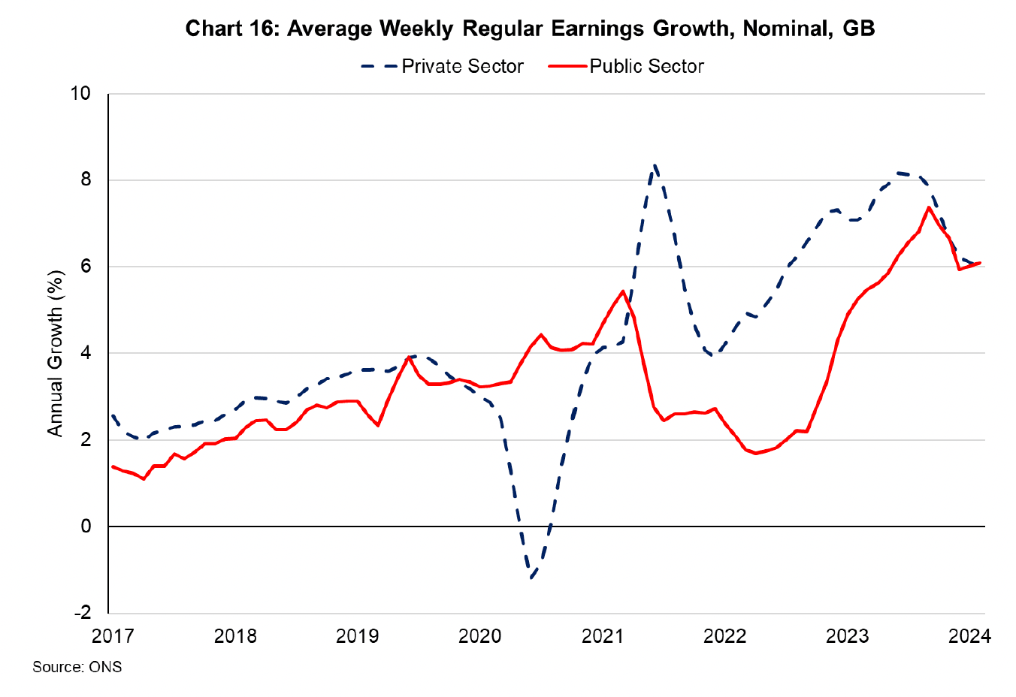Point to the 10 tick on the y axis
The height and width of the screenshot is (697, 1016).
coord(80,93)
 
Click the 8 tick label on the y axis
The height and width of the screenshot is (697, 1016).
coord(85,180)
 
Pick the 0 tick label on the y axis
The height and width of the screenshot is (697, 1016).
coord(85,526)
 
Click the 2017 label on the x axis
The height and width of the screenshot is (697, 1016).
coord(113,636)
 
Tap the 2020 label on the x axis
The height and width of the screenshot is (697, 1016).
coord(479,636)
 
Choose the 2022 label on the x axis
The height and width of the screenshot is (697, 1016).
coord(724,636)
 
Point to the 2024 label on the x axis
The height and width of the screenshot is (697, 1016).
coord(969,636)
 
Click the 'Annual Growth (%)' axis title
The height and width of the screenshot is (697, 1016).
coord(55,353)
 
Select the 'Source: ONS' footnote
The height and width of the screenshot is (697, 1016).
coord(77,667)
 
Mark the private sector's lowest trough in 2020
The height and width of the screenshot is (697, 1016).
coord(531,578)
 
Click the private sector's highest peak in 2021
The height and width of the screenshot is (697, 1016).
coord(655,164)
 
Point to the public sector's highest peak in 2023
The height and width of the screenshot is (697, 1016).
coord(930,207)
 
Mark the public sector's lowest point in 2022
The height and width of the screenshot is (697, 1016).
coord(754,453)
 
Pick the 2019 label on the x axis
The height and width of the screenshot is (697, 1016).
coord(357,636)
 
